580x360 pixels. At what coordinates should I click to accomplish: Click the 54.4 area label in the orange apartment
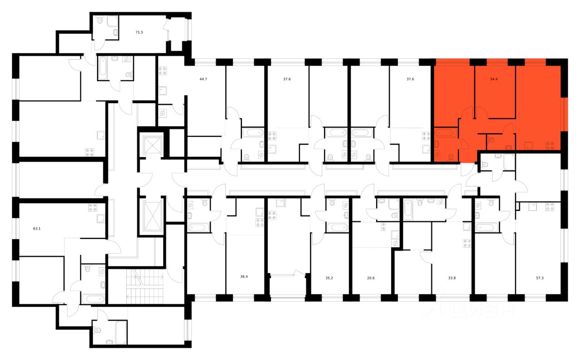495,79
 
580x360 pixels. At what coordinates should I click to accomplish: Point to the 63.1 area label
37,229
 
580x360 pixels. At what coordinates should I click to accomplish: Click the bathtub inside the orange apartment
446,133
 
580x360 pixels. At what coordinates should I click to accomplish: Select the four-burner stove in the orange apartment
550,146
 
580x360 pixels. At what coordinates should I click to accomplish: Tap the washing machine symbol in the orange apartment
437,154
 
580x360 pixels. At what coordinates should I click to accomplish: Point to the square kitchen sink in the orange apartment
528,146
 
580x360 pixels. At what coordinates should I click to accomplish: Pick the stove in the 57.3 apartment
550,208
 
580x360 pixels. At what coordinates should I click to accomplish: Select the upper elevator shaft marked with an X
151,145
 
